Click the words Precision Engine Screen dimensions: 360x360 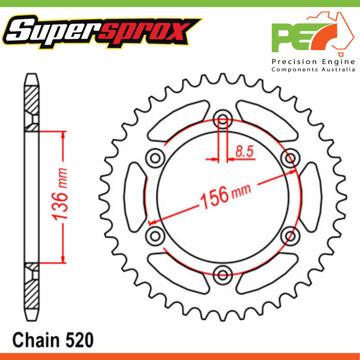[x=313, y=62]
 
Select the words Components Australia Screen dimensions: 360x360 [x=313, y=69]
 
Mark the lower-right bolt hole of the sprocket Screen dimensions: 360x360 [x=290, y=236]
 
